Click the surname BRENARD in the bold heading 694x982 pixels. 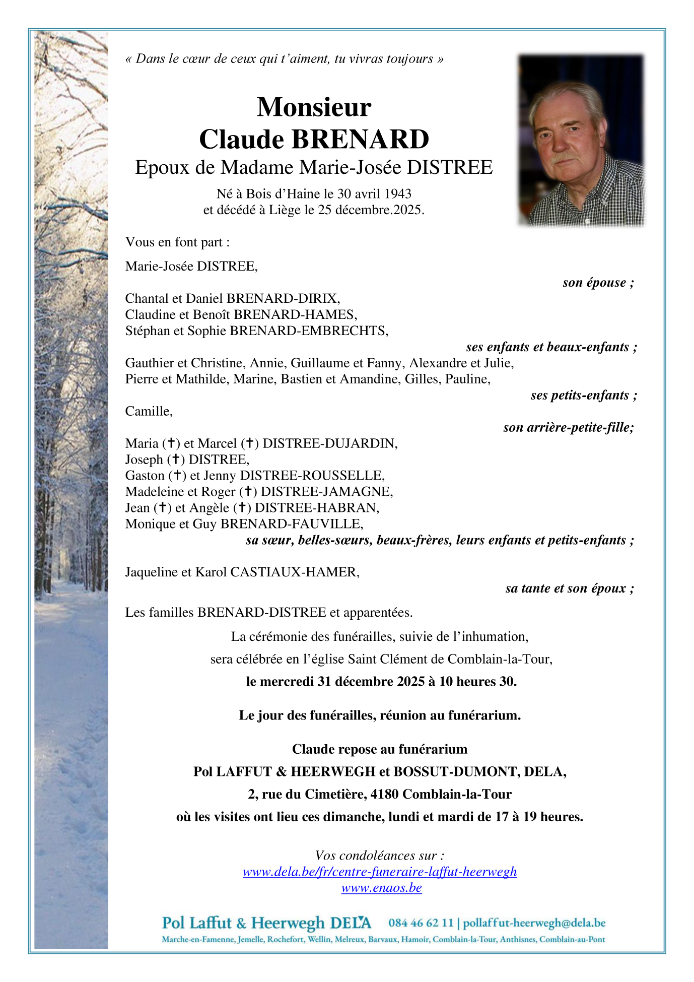click(x=360, y=140)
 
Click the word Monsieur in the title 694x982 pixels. click(x=314, y=107)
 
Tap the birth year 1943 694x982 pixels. click(x=398, y=194)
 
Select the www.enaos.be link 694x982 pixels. click(x=381, y=887)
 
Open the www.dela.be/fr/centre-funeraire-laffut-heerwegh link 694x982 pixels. click(x=380, y=871)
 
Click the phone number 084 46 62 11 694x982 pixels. click(x=421, y=923)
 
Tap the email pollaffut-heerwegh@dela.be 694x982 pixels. click(x=534, y=923)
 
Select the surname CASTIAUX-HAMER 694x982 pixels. click(x=294, y=572)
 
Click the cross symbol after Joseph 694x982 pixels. click(x=176, y=459)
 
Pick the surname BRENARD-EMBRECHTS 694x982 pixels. click(x=308, y=331)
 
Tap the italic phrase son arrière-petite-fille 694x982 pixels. click(x=568, y=427)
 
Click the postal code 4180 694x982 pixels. click(x=385, y=794)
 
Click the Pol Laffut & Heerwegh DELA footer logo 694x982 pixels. click(x=266, y=923)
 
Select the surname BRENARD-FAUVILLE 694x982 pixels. click(x=291, y=523)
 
